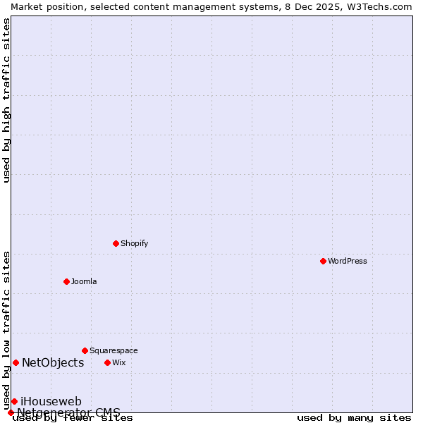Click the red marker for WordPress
coord(323,261)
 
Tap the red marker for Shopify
coord(116,243)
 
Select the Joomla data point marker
coord(66,281)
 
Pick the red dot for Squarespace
coord(85,350)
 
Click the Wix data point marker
coord(107,362)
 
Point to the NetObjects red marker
coord(16,362)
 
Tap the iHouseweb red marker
coord(14,401)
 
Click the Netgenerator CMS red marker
coord(11,412)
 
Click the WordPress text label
coord(348,261)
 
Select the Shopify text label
coord(134,243)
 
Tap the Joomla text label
coord(84,281)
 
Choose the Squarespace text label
coord(114,350)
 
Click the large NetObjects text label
coord(53,362)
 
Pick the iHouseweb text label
coord(51,401)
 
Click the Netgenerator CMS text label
coord(68,412)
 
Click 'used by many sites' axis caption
coord(354,418)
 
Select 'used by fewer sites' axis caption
coord(73,418)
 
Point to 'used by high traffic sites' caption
coord(6,100)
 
